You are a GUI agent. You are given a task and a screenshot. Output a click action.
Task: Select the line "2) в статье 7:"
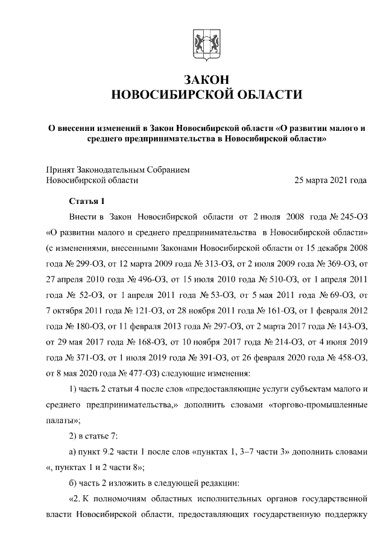98,436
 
